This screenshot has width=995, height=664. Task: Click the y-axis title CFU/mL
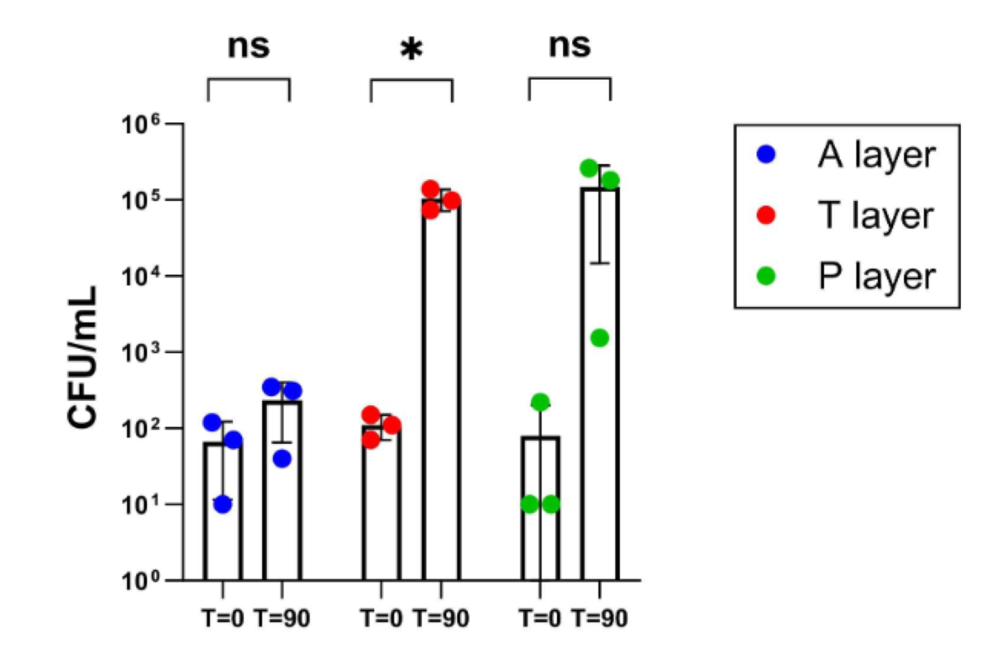click(x=84, y=358)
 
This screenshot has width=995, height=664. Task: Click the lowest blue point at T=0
click(x=222, y=504)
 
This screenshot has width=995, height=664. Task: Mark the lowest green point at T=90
click(x=599, y=338)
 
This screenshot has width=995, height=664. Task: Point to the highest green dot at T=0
click(x=541, y=403)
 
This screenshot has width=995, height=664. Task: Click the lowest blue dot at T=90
click(x=282, y=458)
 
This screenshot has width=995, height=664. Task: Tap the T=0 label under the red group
click(x=381, y=619)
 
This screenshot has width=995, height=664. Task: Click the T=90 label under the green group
click(x=600, y=619)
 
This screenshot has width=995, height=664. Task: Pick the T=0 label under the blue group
click(x=223, y=619)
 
